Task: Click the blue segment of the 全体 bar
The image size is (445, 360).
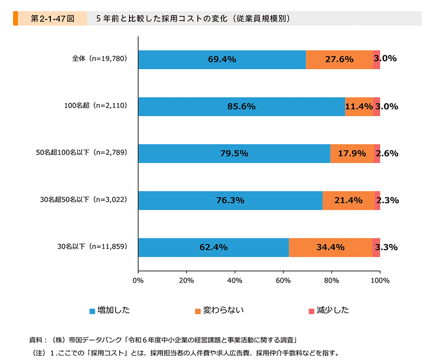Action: coord(222,59)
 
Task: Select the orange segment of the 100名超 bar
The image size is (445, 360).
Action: coord(359,107)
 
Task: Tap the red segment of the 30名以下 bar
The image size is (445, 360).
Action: coord(376,247)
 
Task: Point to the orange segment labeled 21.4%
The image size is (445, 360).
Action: coord(348,200)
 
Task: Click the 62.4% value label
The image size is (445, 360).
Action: coord(214,247)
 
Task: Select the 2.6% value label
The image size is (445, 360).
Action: coord(387,154)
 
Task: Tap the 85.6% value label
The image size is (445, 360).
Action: coord(242,107)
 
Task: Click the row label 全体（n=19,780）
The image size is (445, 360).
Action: coord(100,59)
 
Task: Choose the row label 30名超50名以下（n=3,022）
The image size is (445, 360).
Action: coord(84,200)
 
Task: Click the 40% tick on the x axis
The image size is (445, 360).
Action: coord(235,280)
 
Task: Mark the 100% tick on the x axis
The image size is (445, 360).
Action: coord(380,280)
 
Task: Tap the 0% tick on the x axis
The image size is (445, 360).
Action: coord(138,280)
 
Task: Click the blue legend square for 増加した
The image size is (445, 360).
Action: coord(92,311)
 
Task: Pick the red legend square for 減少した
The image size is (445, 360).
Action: coord(312,311)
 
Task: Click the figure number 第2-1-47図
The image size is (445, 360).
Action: coord(52,18)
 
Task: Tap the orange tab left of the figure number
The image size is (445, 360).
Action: coord(16,18)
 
